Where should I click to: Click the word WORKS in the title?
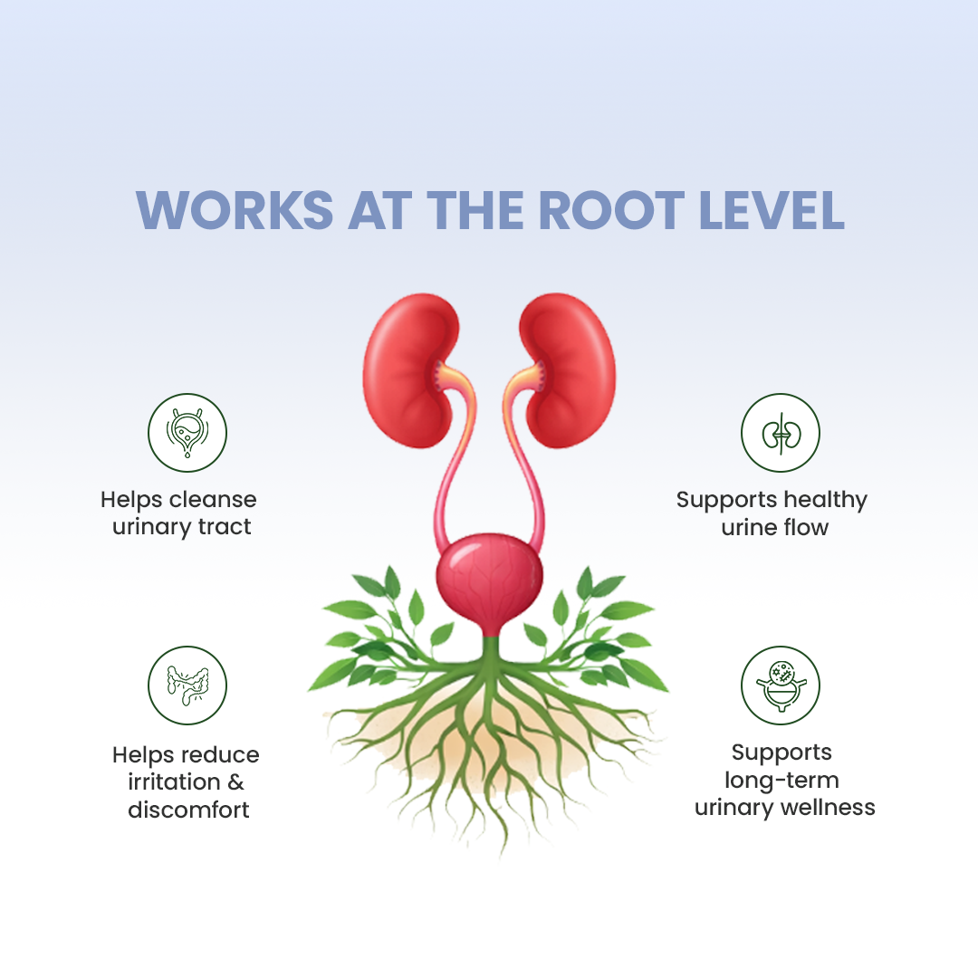(x=235, y=210)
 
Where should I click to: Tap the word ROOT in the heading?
(x=611, y=210)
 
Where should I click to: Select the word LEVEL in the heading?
(x=772, y=210)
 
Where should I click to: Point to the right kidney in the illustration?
(x=568, y=370)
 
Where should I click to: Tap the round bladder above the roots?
(x=490, y=578)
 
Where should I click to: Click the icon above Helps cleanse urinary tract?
(x=187, y=433)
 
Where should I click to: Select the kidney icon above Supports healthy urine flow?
(x=781, y=433)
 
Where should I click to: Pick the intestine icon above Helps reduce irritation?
(x=187, y=686)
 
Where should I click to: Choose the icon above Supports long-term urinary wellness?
(x=781, y=686)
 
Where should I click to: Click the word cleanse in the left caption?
(x=214, y=500)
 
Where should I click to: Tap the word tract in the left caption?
(x=225, y=527)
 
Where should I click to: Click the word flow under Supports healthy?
(x=807, y=528)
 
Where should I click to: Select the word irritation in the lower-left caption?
(x=174, y=782)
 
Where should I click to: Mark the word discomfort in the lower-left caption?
(x=188, y=810)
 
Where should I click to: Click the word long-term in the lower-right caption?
(x=781, y=780)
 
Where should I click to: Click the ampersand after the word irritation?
(x=235, y=782)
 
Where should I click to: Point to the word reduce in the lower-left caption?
(x=222, y=754)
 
